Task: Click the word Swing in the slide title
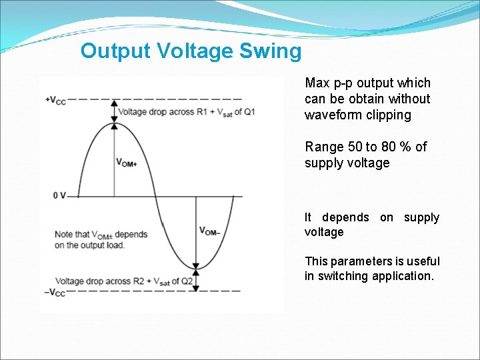[271, 51]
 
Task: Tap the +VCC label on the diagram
[55, 100]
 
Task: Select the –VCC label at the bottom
[55, 292]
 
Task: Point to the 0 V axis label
[59, 195]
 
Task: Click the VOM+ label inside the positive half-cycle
[127, 162]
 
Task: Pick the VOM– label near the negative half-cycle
[210, 231]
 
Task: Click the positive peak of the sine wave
[114, 123]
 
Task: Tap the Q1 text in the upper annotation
[249, 112]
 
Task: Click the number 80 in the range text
[389, 147]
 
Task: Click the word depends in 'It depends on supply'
[345, 217]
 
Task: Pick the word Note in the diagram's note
[63, 234]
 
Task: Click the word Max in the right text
[317, 83]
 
